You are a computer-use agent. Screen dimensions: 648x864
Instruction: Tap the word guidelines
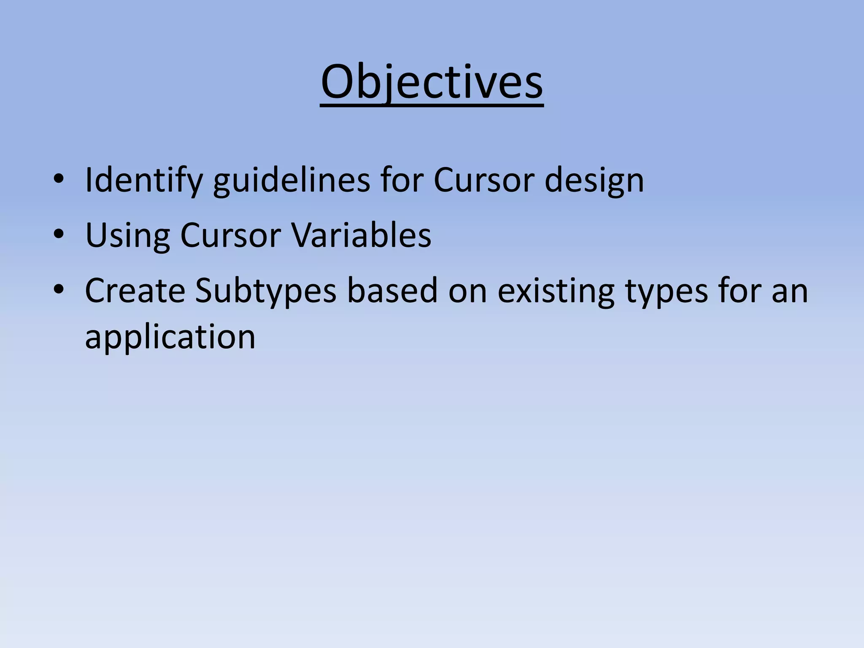[291, 181]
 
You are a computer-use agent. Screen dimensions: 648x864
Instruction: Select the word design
[594, 181]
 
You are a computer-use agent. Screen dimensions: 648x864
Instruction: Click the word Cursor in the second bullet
[230, 235]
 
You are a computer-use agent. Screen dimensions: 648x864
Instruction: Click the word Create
[135, 291]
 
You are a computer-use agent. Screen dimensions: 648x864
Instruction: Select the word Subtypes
[265, 291]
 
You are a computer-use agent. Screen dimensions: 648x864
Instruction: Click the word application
[170, 337]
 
